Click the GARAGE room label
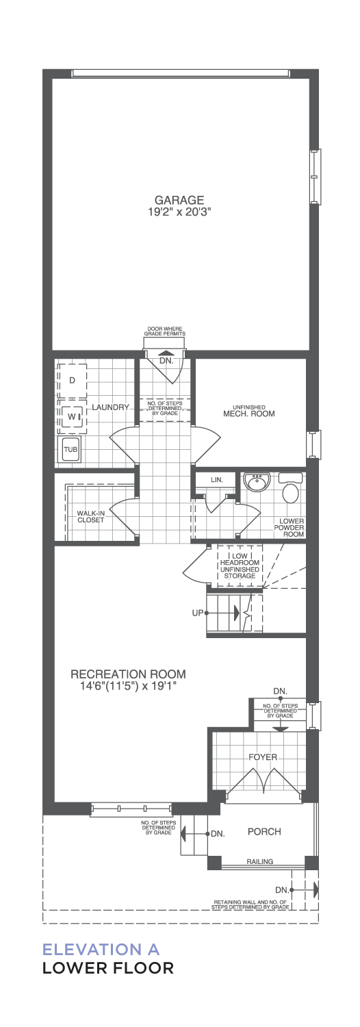pos(179,200)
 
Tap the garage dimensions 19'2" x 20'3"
pos(179,212)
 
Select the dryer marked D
pos(72,381)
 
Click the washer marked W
pos(73,416)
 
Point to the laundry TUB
pos(70,449)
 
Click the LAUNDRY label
pos(110,407)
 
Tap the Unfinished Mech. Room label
pos(249,411)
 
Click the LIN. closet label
pos(217,479)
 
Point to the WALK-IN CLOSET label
pos(90,517)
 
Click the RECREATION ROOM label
pos(129,674)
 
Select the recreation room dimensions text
pos(128,686)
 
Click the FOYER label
pos(263,757)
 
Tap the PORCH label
pos(264,831)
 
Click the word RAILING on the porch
pos(259,861)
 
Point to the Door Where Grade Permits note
pos(165,331)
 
